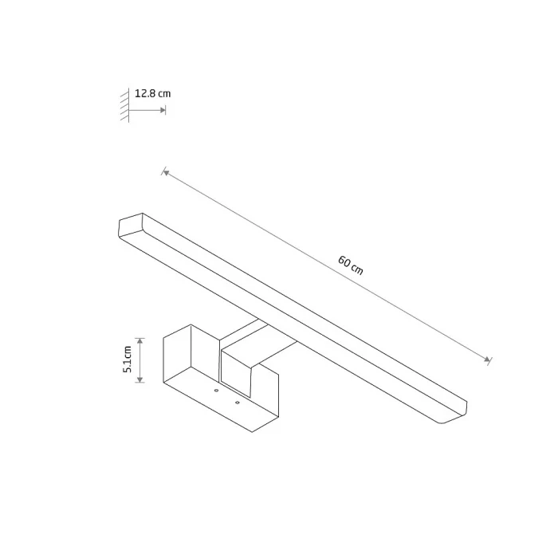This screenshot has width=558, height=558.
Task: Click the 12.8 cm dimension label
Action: point(153,93)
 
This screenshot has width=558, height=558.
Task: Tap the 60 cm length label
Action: point(351,265)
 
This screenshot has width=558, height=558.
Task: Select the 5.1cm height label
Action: point(128,359)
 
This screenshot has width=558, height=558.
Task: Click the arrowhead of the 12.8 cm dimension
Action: point(163,110)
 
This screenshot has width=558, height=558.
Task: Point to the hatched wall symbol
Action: point(125,105)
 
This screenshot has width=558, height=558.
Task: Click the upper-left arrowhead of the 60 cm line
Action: point(166,173)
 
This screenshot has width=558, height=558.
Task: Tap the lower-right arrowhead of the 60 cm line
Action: point(487,360)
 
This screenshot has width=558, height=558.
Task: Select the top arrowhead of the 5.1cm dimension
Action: point(140,341)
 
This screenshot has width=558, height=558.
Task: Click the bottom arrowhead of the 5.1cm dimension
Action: point(140,379)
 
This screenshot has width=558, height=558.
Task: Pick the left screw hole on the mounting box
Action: point(216,391)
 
